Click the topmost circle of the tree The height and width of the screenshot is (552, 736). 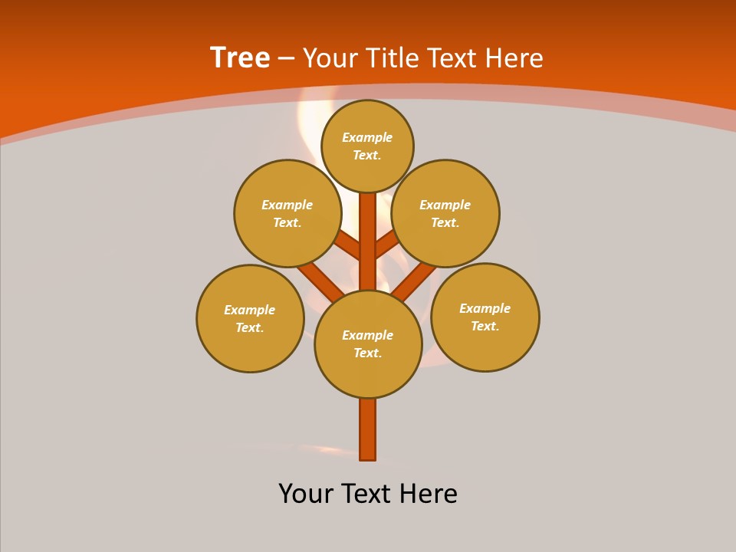coord(367,146)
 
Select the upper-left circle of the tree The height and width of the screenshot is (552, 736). coord(287,213)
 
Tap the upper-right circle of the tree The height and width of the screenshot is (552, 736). coord(445,213)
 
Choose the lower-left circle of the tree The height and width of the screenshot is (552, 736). coord(250,318)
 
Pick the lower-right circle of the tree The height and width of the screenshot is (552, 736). coord(485,317)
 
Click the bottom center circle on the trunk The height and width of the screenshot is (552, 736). coord(368,344)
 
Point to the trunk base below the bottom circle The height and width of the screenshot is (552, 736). coord(368,429)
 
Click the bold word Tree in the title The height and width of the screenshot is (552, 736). coord(240,58)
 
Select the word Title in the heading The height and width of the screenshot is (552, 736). coord(392,58)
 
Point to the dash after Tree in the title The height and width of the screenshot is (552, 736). coord(286,58)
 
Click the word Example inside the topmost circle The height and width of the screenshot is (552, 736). coord(367,137)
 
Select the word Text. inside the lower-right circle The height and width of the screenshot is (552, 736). coord(485,326)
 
